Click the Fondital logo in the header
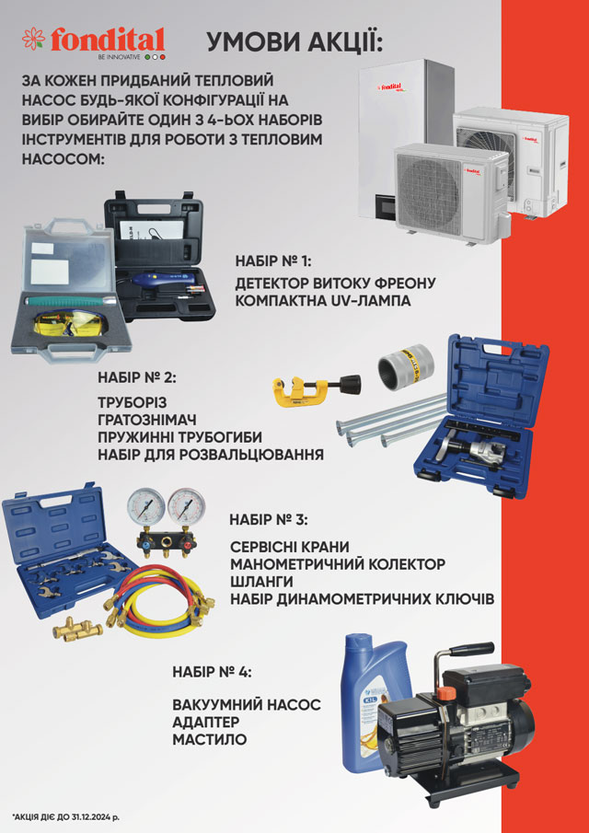coord(94,43)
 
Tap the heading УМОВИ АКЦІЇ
coord(294,42)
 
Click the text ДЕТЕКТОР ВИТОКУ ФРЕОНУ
coord(336,283)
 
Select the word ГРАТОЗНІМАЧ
coord(147,420)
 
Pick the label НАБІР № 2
coord(136,378)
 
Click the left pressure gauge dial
coord(145,507)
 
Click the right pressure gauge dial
coord(186,507)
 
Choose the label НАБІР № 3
coord(268,519)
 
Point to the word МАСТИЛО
coord(210,739)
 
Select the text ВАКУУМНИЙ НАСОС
coord(247,705)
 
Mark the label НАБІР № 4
coord(212,671)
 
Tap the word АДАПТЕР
coord(206,723)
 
